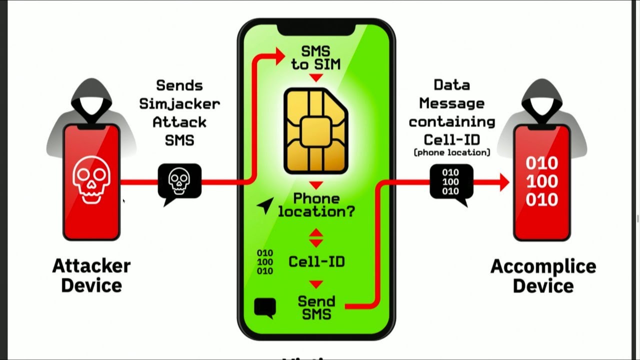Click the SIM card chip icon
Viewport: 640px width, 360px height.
coord(316,130)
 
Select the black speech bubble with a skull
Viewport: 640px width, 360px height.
coord(179,181)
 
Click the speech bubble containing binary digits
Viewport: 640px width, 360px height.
coord(451,181)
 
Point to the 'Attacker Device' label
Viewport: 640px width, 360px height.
coord(91,275)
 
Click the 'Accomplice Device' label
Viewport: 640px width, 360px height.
coord(543,275)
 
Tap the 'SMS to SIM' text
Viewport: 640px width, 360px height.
coord(315,57)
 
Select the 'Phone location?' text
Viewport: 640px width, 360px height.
coord(316,205)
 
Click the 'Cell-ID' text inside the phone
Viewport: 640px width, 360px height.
coord(316,261)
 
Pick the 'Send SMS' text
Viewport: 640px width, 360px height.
coord(316,307)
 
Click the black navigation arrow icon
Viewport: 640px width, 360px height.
coord(265,205)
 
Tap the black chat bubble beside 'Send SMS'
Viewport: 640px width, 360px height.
coord(265,307)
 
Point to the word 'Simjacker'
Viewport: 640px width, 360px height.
coord(179,103)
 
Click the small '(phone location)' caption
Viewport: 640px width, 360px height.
coord(452,152)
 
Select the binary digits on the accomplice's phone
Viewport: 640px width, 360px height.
coord(542,181)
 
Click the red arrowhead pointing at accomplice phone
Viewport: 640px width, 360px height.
coord(503,182)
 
